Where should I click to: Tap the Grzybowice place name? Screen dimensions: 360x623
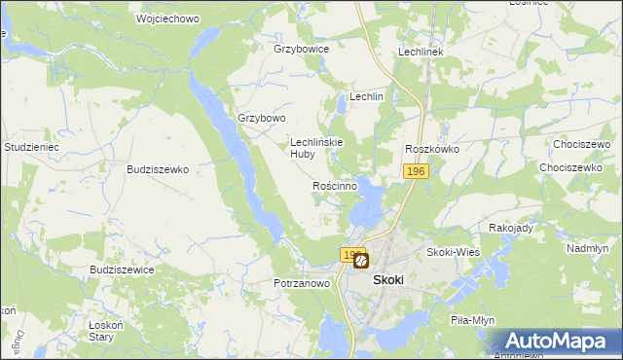pos(302,49)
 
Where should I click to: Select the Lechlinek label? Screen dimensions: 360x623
pos(421,52)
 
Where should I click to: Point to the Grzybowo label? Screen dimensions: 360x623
pos(262,119)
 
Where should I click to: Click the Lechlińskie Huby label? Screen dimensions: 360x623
pos(315,147)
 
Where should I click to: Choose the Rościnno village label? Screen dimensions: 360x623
pos(334,185)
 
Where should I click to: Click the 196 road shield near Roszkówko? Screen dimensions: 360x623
pos(416,171)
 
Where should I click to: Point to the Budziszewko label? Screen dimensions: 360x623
pos(157,168)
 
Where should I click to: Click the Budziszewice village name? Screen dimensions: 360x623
pos(121,270)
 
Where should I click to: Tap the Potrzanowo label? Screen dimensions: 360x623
pos(302,283)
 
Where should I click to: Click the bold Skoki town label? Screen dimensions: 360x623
pos(388,278)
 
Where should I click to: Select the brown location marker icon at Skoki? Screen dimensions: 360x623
pos(361,261)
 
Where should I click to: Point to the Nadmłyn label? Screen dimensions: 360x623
pos(587,248)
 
